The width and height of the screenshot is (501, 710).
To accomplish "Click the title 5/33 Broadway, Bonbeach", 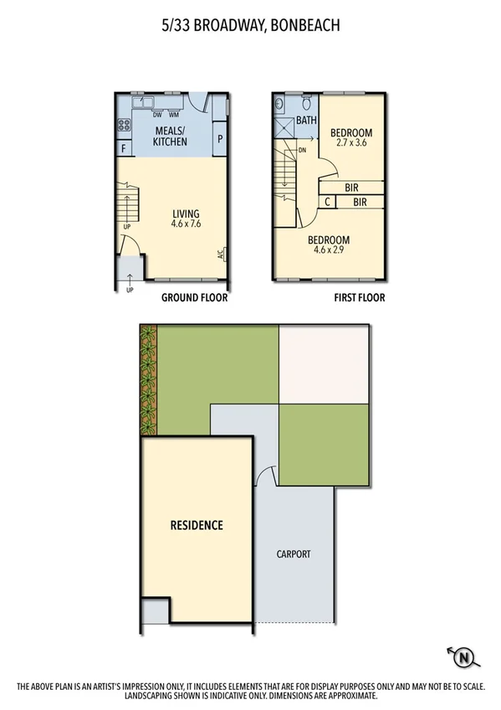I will point(250,26).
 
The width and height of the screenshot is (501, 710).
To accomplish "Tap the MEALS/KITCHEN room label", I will point(170,136).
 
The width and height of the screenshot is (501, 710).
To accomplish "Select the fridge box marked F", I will point(124,149).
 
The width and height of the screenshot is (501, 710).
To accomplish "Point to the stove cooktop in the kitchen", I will point(124,126).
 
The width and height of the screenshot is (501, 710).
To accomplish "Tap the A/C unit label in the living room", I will point(219,255).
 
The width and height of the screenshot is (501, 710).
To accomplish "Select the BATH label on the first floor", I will point(305,121).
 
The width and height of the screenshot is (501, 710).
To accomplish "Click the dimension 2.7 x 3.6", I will point(350,143).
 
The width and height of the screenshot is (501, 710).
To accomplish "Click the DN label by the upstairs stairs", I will point(302,151).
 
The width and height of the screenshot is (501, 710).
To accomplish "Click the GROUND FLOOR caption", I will point(195,297).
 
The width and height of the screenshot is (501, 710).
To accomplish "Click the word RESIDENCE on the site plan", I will point(197,526).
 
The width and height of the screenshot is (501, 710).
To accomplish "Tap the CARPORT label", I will point(294,554).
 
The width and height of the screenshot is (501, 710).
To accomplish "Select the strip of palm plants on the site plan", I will point(149,380).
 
